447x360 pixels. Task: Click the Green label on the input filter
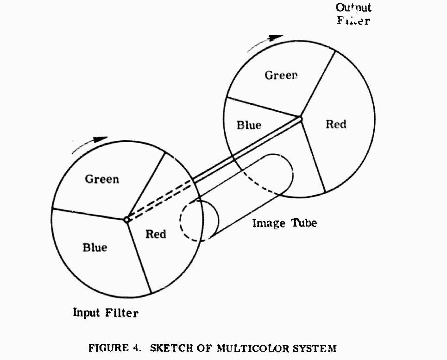coord(102,179)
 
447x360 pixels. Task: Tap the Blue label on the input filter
coord(95,247)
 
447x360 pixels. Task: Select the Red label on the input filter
coord(156,234)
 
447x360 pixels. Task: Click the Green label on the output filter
coord(281,75)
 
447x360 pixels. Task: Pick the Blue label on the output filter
coord(249,125)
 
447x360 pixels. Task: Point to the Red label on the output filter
coord(336,124)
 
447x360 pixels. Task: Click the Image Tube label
coord(284,223)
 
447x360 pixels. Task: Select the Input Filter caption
coord(106,313)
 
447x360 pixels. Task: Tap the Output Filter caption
coord(353,14)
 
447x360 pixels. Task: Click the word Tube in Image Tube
coord(304,223)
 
